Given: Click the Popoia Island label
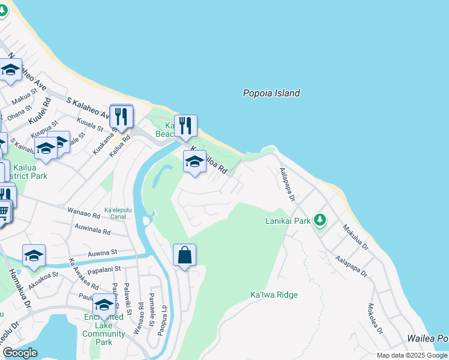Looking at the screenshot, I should pyautogui.click(x=271, y=93).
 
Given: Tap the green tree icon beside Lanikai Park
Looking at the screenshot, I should pyautogui.click(x=320, y=220).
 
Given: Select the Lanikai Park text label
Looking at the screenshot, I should pyautogui.click(x=288, y=221).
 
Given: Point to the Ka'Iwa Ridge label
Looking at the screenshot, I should pyautogui.click(x=274, y=295).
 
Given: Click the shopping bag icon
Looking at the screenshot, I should pyautogui.click(x=184, y=255).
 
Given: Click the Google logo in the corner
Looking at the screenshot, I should pyautogui.click(x=19, y=353).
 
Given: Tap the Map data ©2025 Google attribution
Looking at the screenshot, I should pyautogui.click(x=412, y=355).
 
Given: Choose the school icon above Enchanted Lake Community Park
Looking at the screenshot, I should pyautogui.click(x=104, y=305).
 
